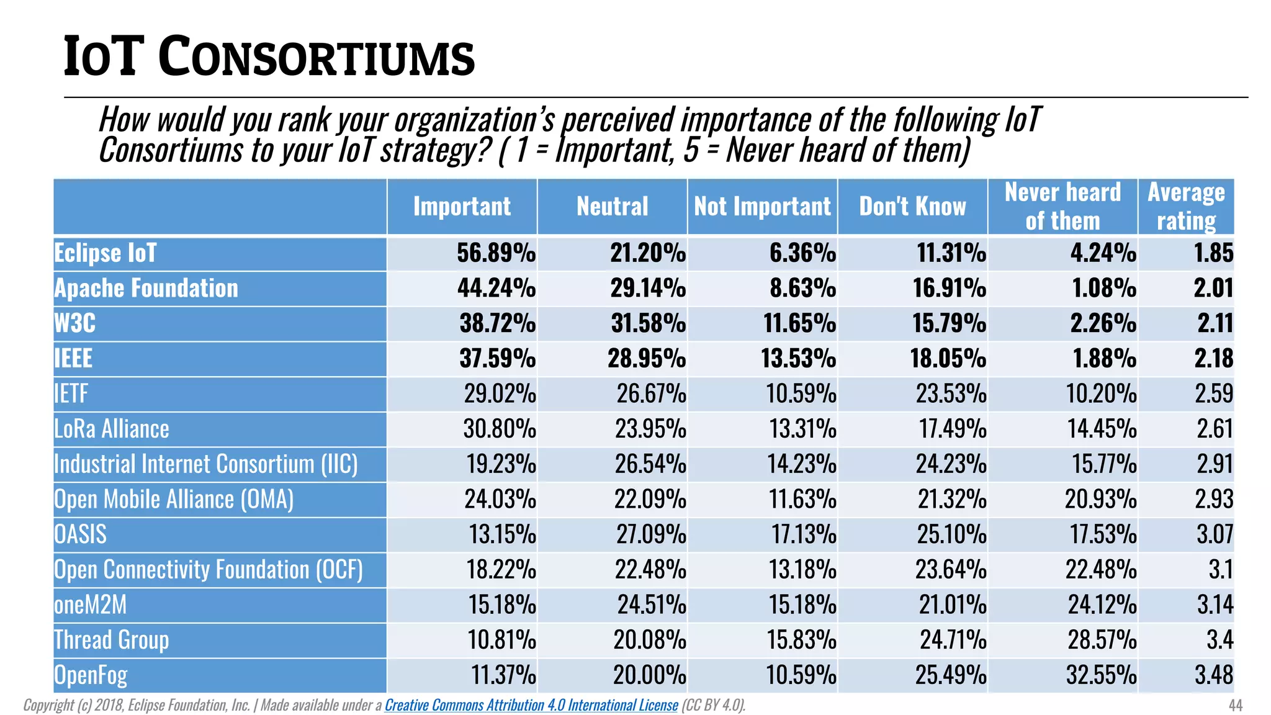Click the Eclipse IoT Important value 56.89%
[496, 253]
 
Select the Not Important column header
[762, 207]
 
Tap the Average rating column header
[1186, 207]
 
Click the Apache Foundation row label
[146, 289]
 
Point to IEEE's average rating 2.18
[1214, 359]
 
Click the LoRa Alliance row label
[112, 429]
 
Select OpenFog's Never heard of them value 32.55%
[1101, 675]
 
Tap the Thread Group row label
[112, 640]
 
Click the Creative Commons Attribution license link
[531, 705]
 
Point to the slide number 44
[1235, 705]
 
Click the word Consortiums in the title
[317, 58]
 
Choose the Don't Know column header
[912, 207]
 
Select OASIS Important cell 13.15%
[502, 534]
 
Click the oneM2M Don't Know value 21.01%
[952, 605]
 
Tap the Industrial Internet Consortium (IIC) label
[206, 464]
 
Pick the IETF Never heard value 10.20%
[1101, 394]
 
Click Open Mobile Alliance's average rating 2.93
[1214, 500]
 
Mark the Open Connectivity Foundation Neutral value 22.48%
[650, 570]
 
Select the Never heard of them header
[1062, 207]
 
